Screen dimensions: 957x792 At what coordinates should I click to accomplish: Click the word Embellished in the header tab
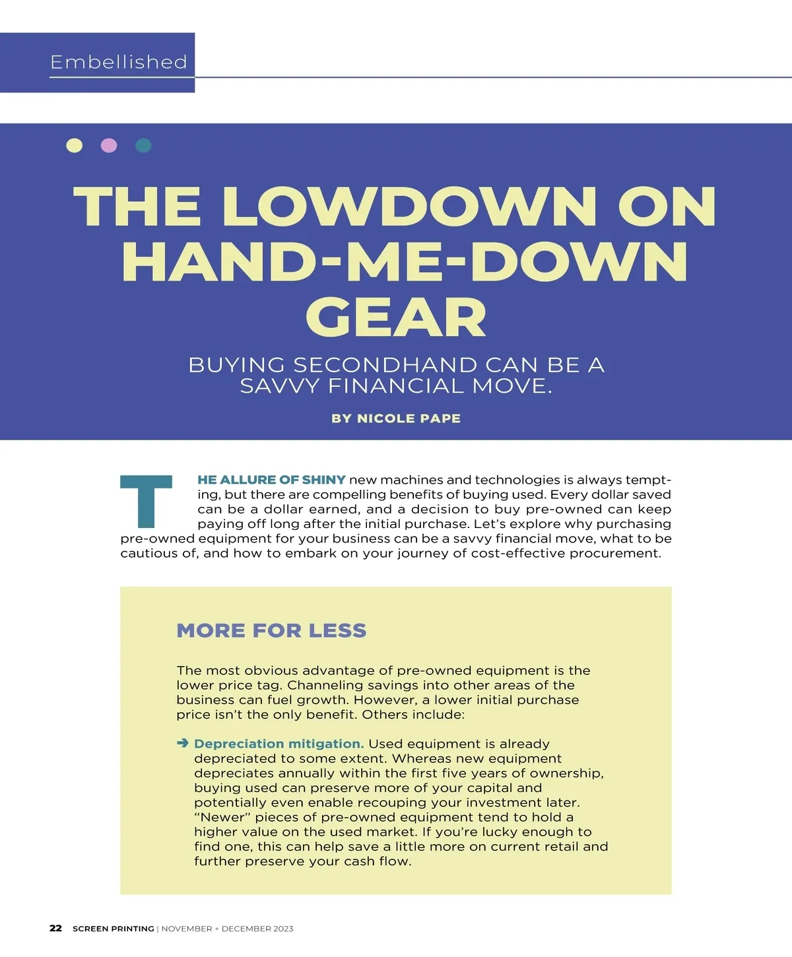[119, 62]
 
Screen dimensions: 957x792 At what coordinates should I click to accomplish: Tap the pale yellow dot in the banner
[75, 145]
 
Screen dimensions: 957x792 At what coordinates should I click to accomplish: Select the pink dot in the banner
[109, 145]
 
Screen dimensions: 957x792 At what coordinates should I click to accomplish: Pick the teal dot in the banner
[143, 145]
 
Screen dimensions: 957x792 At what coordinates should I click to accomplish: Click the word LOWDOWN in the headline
[409, 207]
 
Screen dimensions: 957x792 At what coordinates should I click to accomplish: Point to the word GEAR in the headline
[396, 318]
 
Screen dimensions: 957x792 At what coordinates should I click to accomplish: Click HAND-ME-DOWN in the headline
[405, 263]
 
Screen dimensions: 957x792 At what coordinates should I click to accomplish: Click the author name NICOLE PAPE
[409, 418]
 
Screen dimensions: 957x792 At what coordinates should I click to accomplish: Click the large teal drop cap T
[146, 501]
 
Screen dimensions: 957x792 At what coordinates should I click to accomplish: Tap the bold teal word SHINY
[324, 480]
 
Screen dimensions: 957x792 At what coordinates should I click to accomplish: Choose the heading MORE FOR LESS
[271, 630]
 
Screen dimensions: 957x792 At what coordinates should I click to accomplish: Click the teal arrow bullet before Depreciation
[183, 744]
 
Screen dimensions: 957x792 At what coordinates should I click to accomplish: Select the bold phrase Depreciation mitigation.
[279, 744]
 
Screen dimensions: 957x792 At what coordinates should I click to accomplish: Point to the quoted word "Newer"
[222, 817]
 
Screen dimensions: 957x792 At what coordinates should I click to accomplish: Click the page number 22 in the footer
[56, 928]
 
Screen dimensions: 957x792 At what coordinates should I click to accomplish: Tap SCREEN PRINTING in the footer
[114, 929]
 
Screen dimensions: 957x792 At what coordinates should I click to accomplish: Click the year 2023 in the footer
[282, 929]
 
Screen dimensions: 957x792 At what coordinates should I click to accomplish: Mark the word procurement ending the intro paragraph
[615, 553]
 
